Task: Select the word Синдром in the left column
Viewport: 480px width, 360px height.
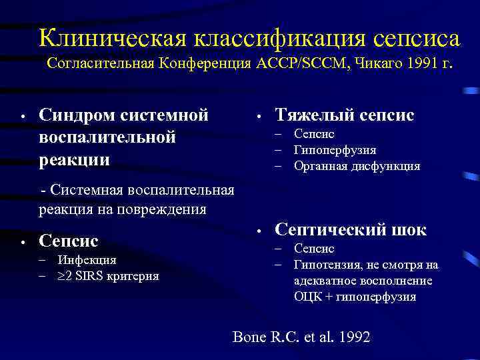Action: (76, 115)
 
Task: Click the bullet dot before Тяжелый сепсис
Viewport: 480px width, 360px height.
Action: (257, 117)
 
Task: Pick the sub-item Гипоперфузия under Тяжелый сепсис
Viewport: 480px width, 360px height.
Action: (335, 150)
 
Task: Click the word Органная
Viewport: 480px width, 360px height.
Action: (321, 166)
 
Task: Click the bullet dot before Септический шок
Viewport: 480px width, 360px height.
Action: (257, 231)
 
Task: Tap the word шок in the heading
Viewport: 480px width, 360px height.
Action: (406, 230)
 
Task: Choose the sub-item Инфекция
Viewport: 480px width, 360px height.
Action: (87, 259)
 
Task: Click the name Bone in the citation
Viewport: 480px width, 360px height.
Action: (249, 337)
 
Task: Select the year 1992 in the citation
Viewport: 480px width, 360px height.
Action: (353, 337)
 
